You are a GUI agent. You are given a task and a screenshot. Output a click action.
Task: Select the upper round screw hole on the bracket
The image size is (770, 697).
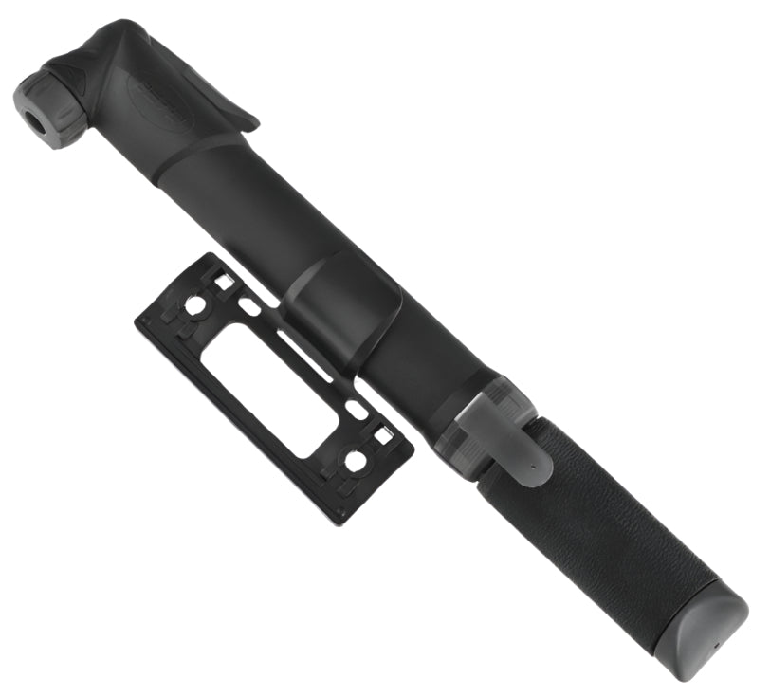(195, 305)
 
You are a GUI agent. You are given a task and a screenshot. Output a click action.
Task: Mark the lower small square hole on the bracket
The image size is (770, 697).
(381, 435)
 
